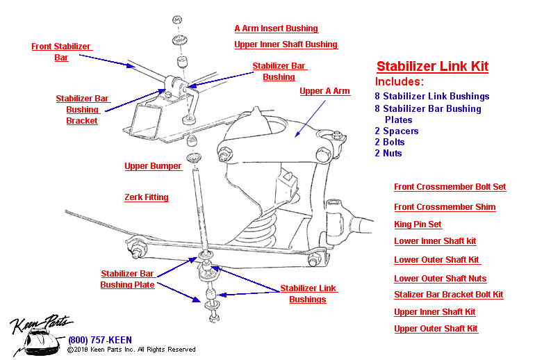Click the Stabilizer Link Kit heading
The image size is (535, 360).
click(x=432, y=67)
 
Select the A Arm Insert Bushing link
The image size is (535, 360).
click(x=276, y=28)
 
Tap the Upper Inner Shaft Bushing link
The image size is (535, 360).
click(x=286, y=44)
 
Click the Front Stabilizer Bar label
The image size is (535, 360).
click(x=61, y=52)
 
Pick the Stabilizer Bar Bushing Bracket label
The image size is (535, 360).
click(x=82, y=110)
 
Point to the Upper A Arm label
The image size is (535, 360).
click(x=324, y=91)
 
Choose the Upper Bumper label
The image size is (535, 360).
click(x=153, y=166)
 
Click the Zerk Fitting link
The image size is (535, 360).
click(x=146, y=197)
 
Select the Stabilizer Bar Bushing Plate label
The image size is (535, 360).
click(x=127, y=279)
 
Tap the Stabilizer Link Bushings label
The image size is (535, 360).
click(x=308, y=294)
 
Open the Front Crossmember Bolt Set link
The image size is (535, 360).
click(x=450, y=187)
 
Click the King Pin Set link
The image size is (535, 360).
click(x=418, y=224)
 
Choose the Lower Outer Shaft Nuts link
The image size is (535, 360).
click(x=440, y=279)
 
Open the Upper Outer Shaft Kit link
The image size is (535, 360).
click(x=436, y=329)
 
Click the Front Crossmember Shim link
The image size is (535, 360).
click(x=445, y=207)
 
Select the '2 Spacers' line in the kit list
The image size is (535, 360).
click(x=397, y=131)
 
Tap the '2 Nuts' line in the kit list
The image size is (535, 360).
click(x=388, y=154)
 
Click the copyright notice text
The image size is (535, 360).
click(x=131, y=350)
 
